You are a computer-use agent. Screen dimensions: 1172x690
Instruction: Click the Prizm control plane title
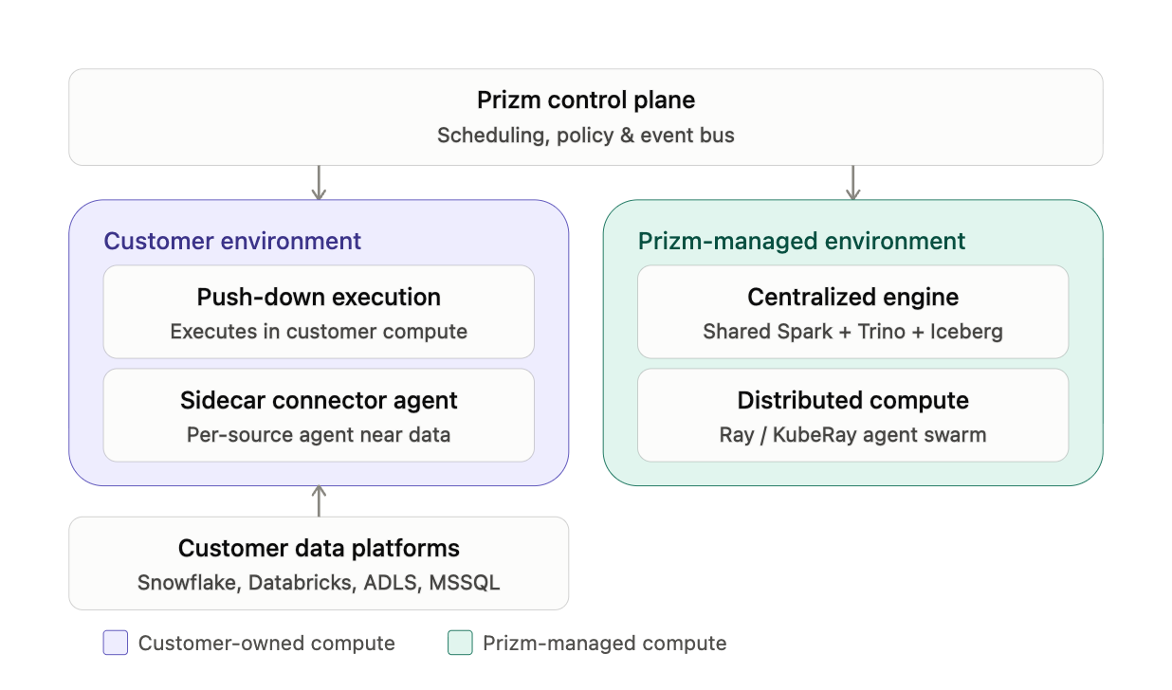coord(585,100)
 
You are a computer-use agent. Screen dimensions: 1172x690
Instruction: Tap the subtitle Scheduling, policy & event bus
coord(585,135)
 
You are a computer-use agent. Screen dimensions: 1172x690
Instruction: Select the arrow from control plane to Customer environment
coord(319,183)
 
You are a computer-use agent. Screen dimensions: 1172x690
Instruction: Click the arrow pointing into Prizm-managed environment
coord(852,183)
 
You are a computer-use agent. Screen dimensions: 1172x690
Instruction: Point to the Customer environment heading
coord(232,241)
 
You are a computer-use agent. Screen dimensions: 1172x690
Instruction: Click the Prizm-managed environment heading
coord(801,241)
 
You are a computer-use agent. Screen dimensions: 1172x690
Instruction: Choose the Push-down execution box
coord(319,312)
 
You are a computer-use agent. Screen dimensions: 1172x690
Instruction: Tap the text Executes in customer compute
coord(319,332)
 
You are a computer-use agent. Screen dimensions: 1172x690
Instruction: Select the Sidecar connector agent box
coord(319,415)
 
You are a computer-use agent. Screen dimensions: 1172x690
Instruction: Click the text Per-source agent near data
coord(319,435)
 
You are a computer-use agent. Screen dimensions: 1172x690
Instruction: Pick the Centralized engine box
coord(852,312)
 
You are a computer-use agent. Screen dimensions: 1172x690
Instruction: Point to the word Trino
coord(882,332)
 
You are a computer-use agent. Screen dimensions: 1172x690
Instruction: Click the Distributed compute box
coord(852,415)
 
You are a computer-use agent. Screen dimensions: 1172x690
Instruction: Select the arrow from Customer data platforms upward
coord(319,501)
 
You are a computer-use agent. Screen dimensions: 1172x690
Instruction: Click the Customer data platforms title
coord(319,548)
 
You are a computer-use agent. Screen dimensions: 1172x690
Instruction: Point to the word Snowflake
coord(189,583)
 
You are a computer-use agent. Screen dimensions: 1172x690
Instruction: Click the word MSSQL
coord(464,583)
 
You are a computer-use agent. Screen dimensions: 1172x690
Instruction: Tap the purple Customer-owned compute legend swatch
coord(116,643)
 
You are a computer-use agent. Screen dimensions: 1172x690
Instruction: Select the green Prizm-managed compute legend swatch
coord(460,643)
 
